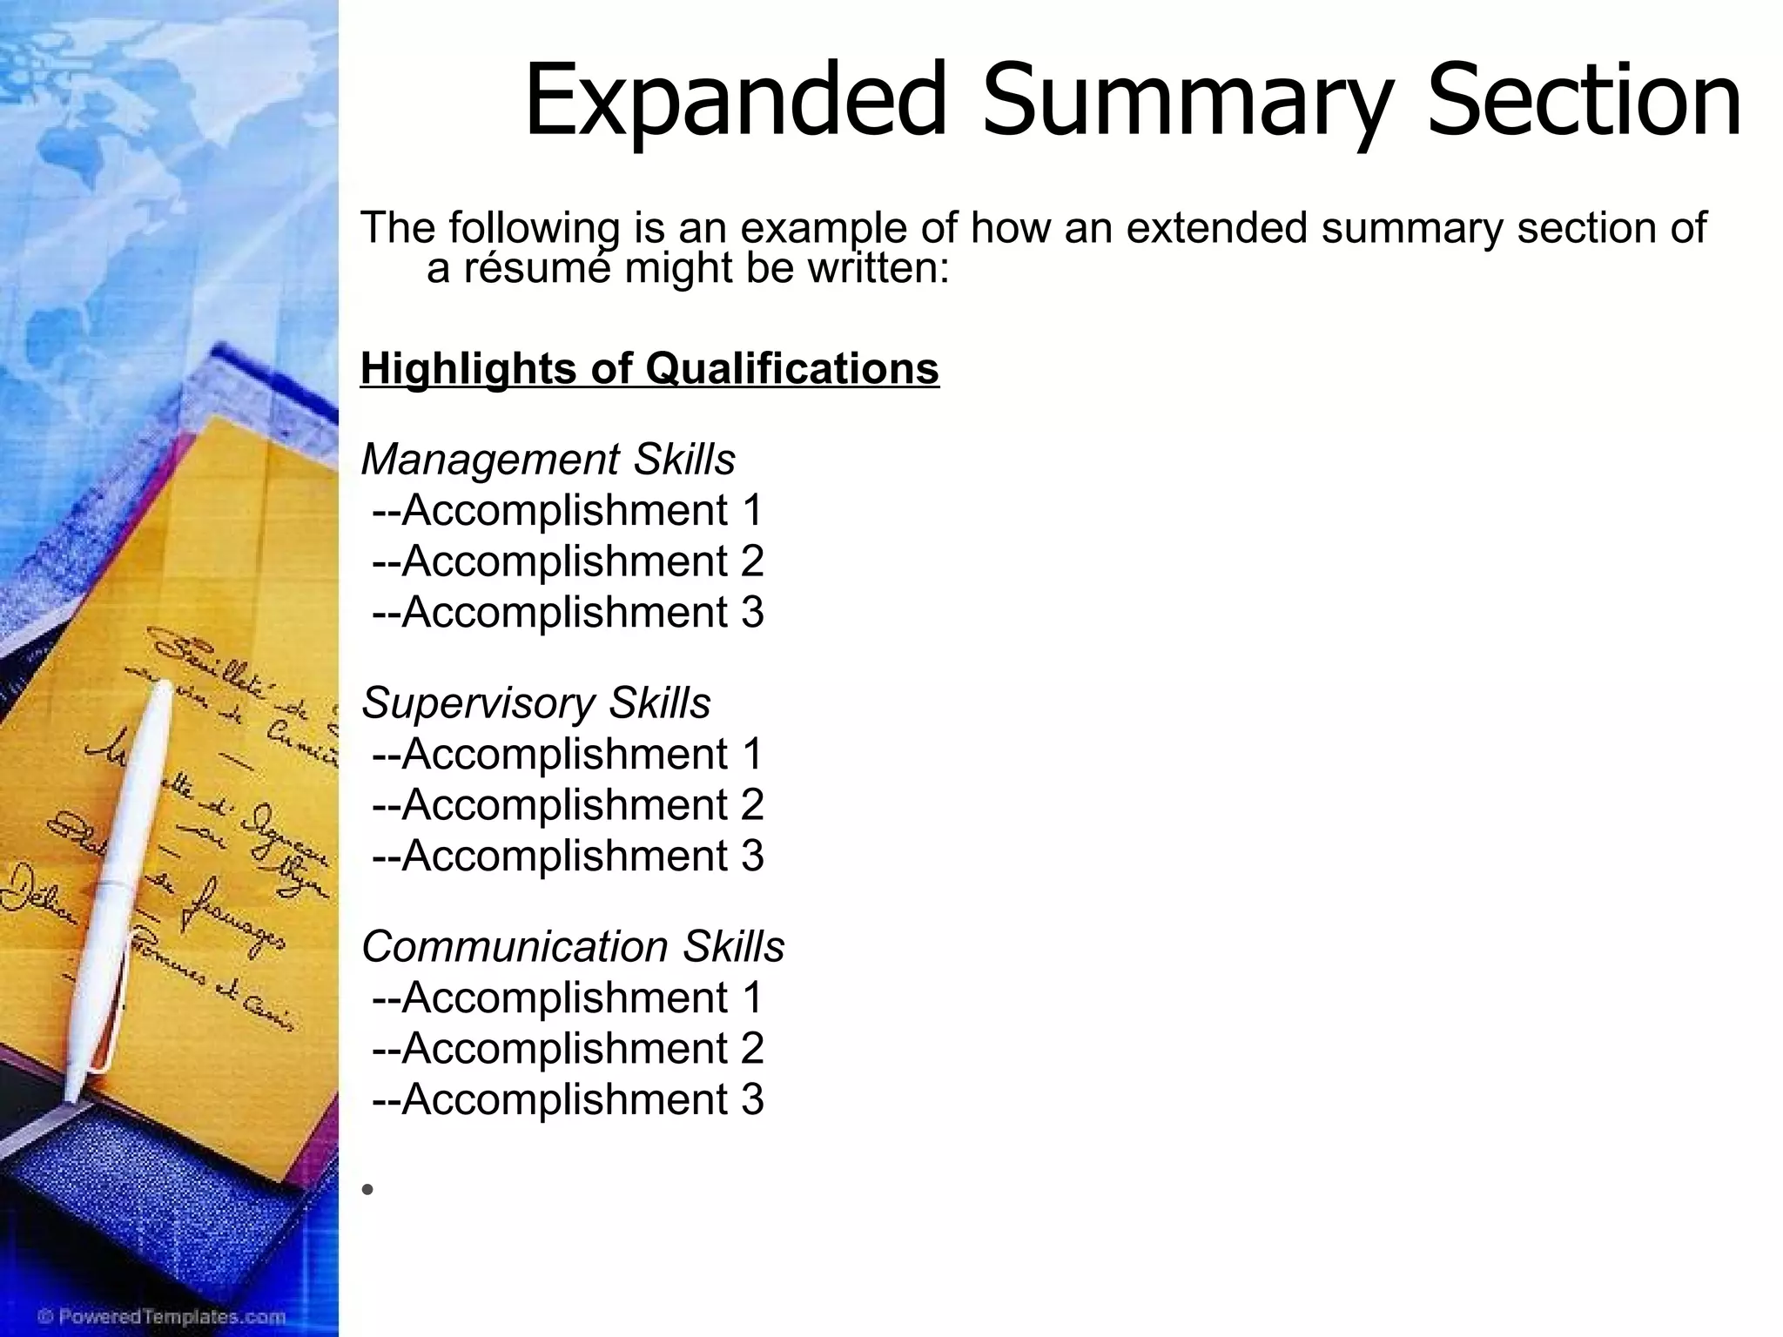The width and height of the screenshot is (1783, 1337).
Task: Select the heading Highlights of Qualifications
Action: (x=649, y=368)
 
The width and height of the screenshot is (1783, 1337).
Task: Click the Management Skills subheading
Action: (x=548, y=460)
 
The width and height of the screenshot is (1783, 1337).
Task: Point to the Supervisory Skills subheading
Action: (x=535, y=703)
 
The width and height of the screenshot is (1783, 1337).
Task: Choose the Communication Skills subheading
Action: (x=572, y=947)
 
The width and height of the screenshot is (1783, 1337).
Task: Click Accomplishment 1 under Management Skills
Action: (x=568, y=510)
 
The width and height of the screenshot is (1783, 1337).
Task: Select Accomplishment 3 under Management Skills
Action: (x=568, y=612)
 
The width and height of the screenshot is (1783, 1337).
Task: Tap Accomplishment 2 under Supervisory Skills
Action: (x=568, y=804)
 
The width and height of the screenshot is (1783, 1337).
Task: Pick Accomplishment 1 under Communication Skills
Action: (x=568, y=998)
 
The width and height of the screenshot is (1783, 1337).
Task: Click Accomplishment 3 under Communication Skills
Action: (x=568, y=1099)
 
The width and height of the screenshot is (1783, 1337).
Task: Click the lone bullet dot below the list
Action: (x=368, y=1189)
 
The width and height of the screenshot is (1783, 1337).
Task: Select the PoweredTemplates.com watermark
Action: (x=150, y=1316)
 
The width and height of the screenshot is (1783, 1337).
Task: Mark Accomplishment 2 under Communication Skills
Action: (x=568, y=1048)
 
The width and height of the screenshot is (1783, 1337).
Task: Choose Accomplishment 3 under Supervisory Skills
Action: (x=568, y=856)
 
